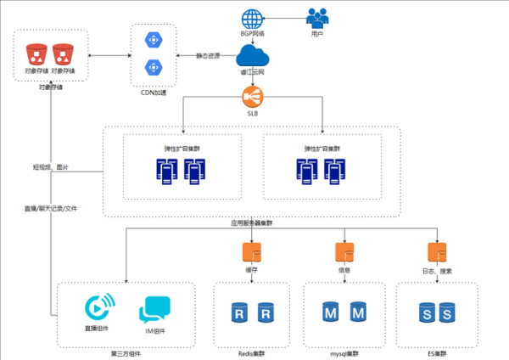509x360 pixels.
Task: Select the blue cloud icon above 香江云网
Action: [252, 55]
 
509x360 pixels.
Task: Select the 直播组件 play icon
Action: [98, 307]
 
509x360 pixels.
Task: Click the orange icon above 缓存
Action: [252, 252]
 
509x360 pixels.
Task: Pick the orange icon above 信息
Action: [344, 252]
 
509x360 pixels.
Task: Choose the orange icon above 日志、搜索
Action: [435, 252]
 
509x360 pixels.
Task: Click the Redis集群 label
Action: [252, 352]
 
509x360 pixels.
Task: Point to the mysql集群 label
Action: [344, 352]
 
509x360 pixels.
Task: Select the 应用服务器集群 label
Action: [252, 222]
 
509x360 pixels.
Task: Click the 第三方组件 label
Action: [126, 352]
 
